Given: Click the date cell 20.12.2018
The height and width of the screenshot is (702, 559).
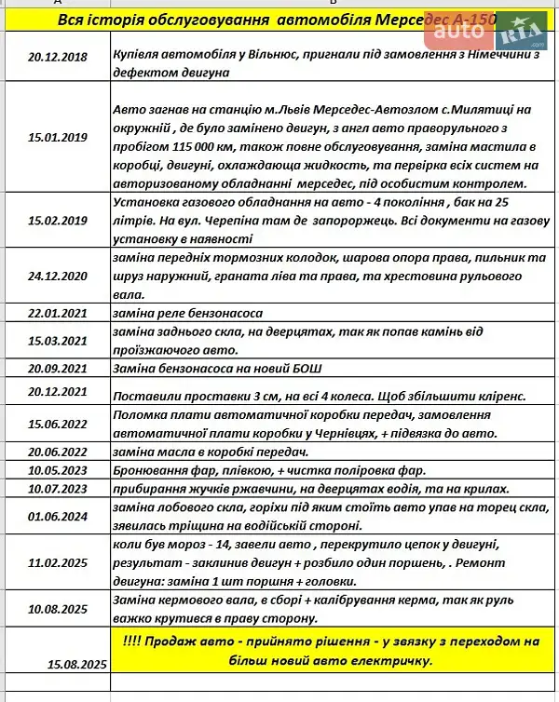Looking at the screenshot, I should (58, 57).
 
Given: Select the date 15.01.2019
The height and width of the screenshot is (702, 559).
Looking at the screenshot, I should (58, 138).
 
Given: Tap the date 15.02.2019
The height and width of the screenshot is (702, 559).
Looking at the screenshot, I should (58, 220).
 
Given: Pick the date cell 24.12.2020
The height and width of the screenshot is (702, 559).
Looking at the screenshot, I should (58, 276).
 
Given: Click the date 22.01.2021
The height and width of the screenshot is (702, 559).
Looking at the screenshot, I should (58, 313).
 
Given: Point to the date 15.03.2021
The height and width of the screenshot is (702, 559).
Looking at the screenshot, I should (58, 341).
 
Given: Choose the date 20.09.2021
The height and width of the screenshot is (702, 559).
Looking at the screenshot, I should (58, 368).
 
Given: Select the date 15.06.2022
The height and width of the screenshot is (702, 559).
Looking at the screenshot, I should (58, 424).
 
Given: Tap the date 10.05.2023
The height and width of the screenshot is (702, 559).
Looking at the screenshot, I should (58, 470).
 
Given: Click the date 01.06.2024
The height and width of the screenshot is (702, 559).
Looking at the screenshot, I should (58, 517).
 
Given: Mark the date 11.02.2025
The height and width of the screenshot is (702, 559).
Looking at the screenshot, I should (58, 563).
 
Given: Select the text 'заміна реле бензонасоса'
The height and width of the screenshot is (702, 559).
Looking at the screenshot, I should (186, 313).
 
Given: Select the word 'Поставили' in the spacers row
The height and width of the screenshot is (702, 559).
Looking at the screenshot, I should (143, 396).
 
